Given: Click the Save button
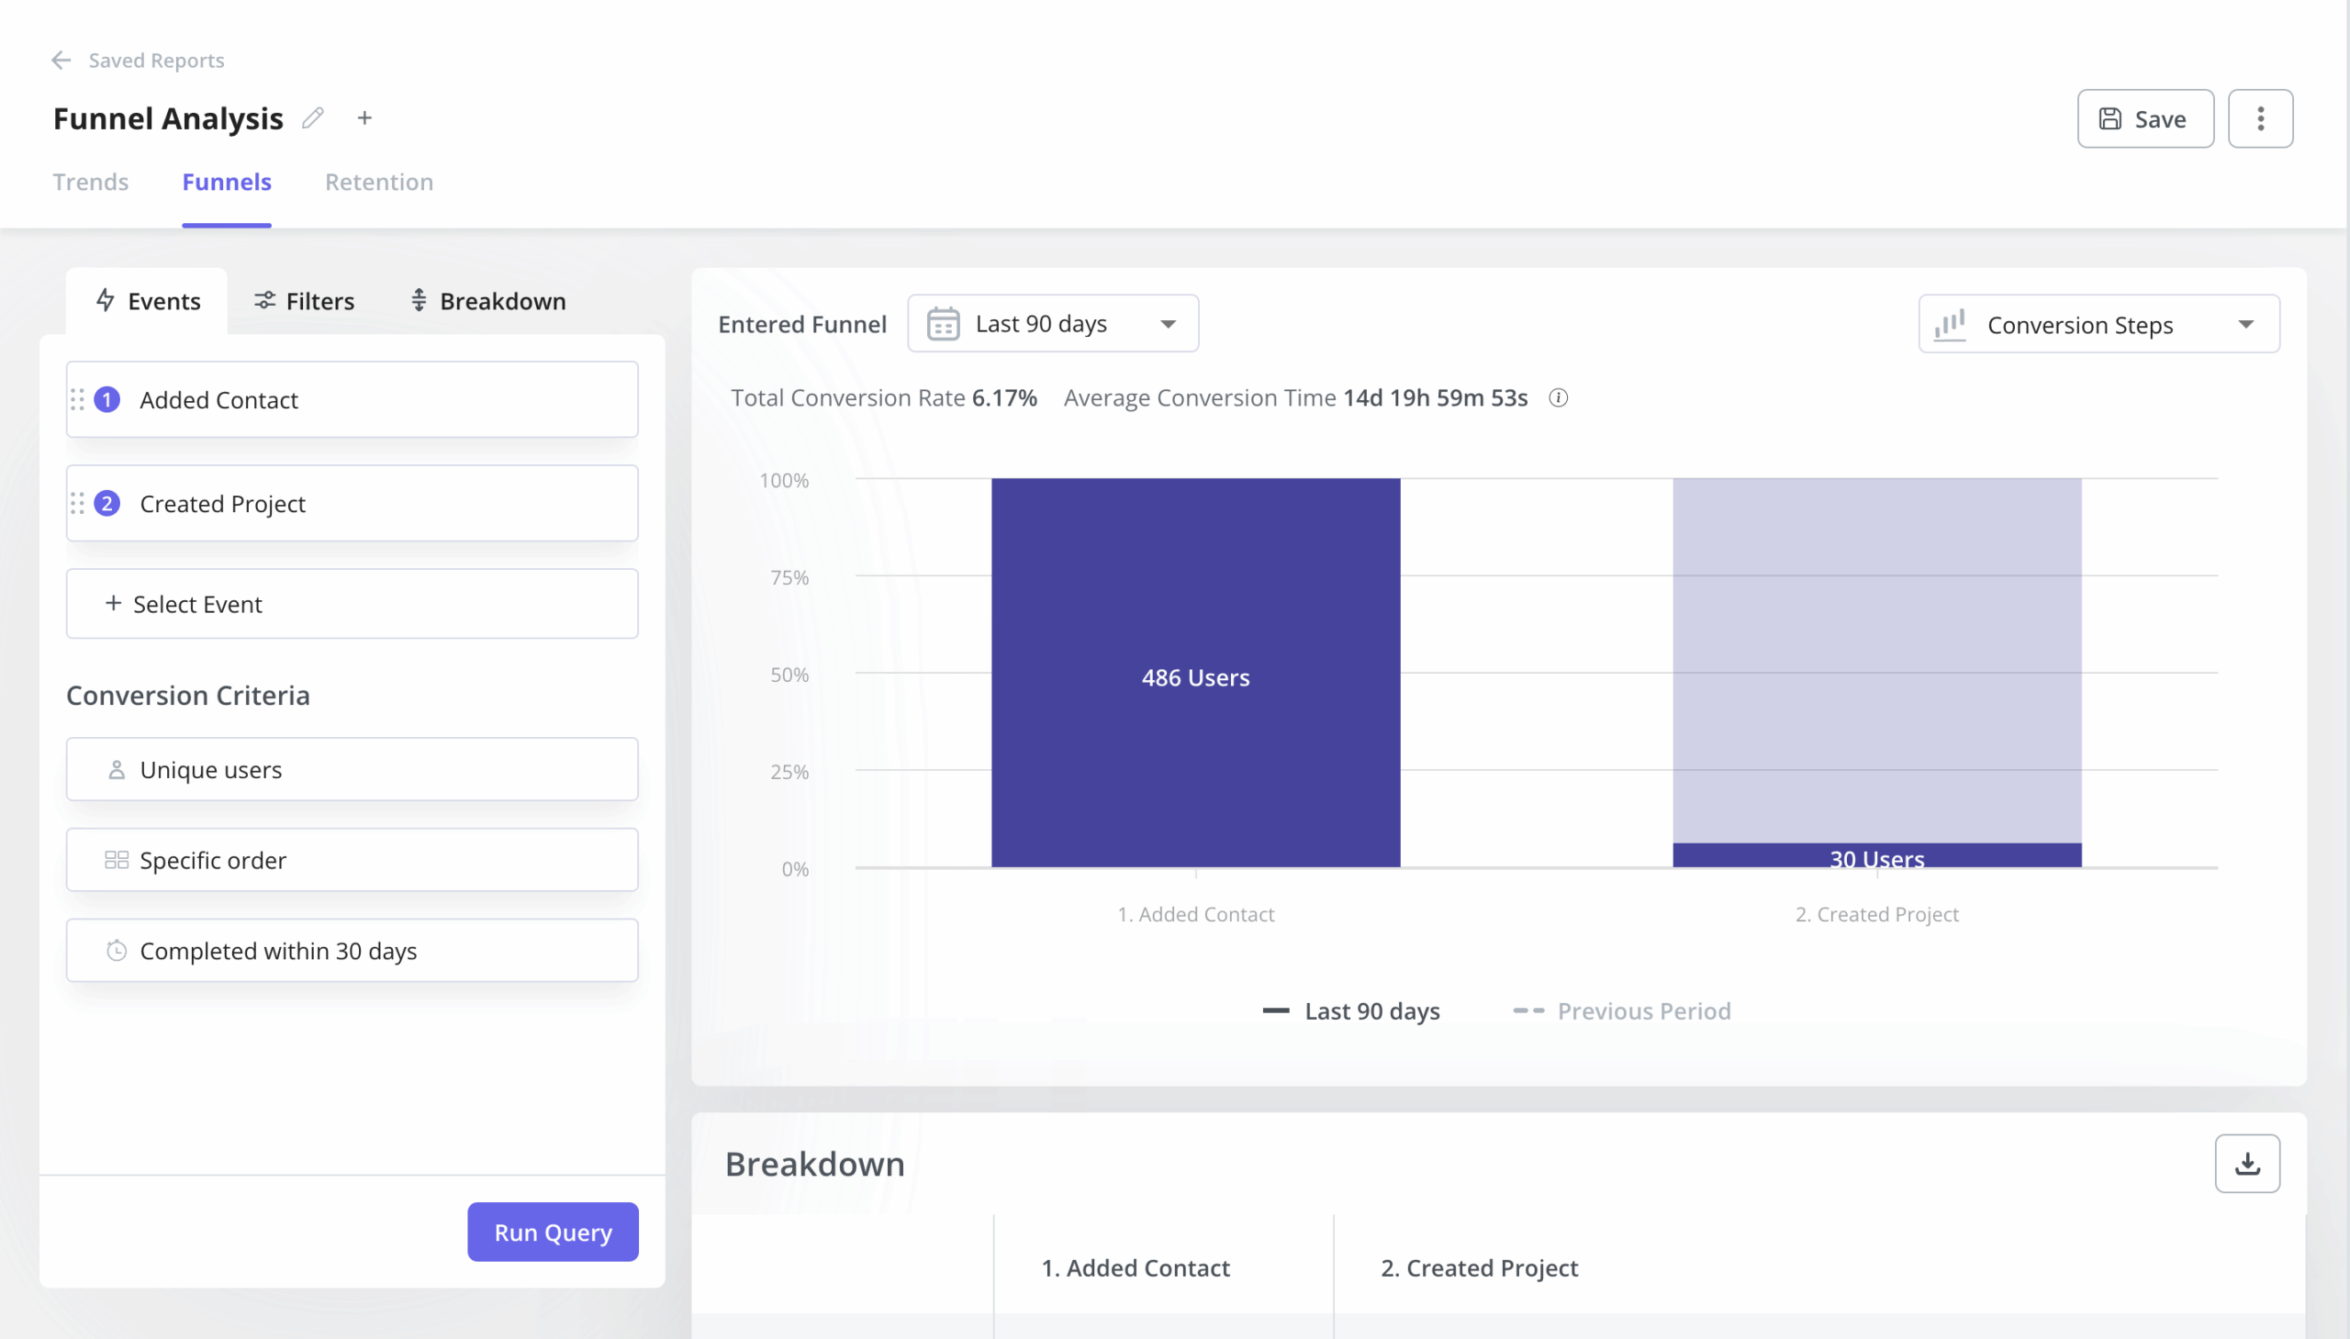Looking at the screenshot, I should (2144, 118).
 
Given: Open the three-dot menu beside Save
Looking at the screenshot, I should (2259, 118).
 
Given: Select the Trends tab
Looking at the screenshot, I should (90, 182).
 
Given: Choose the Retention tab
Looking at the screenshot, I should (379, 182).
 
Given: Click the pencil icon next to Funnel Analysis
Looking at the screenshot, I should (313, 117).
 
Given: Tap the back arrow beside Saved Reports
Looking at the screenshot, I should (61, 61).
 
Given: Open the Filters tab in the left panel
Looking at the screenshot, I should (305, 302).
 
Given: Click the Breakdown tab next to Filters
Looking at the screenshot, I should (487, 302).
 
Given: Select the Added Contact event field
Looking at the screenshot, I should (352, 400).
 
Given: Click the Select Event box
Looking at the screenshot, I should (352, 604).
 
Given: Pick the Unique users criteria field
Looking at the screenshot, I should (352, 770).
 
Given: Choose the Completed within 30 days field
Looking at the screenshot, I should (352, 951).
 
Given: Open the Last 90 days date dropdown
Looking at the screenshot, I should (1052, 324).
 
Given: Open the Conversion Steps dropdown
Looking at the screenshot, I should (2098, 325).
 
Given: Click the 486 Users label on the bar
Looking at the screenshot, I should (1195, 678).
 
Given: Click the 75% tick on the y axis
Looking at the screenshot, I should (789, 577).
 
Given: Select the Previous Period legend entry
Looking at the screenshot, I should (1622, 1011).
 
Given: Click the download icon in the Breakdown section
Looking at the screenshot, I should (2246, 1165).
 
